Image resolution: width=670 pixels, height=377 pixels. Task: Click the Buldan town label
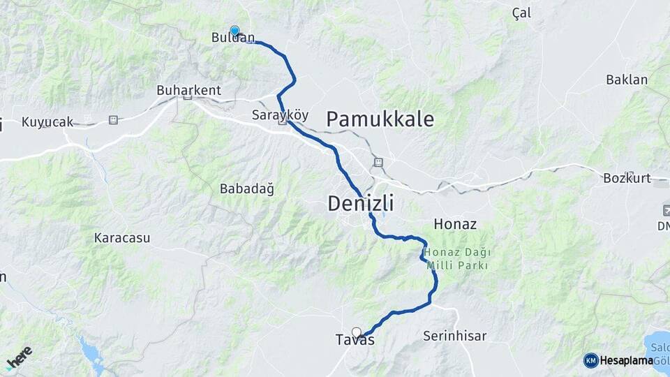[x=233, y=38]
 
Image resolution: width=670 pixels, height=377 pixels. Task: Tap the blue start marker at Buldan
[x=234, y=31]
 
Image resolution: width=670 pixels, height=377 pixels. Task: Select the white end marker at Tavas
[x=357, y=332]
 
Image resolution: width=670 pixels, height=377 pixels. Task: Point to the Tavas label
[x=355, y=341]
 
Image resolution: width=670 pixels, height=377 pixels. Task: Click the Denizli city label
[x=361, y=204]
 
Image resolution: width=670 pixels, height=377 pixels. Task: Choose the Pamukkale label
[x=380, y=119]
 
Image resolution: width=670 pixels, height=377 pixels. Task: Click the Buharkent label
[x=188, y=90]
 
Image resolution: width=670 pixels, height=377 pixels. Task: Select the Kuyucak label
[x=47, y=122]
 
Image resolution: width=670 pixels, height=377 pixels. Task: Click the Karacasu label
[x=122, y=238]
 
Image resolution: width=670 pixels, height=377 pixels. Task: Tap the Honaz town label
[x=455, y=224]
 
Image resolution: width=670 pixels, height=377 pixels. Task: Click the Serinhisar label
[x=454, y=336]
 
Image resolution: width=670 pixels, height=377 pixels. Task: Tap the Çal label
[x=521, y=13]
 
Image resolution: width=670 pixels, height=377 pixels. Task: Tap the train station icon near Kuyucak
[x=113, y=120]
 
